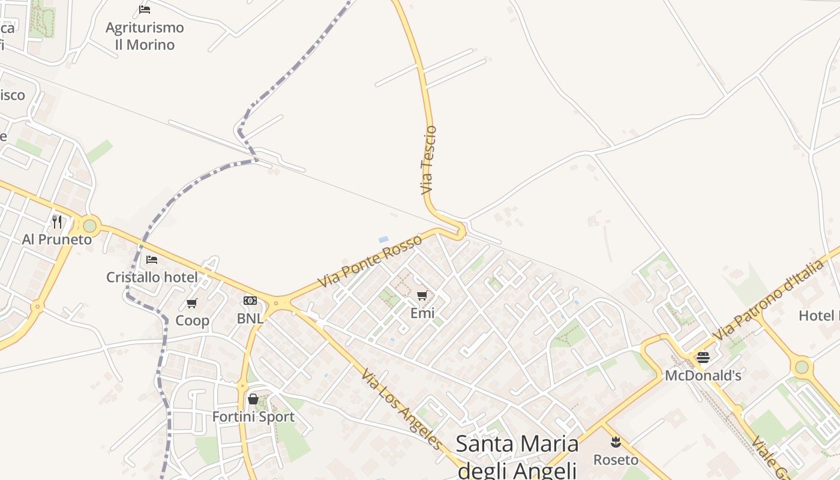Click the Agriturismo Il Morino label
145,36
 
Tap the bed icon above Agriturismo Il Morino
145,9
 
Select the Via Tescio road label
428,160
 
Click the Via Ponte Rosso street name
370,261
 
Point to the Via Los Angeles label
402,409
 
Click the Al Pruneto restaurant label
57,239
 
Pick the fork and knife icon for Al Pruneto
57,222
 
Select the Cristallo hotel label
152,277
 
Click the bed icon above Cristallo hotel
152,260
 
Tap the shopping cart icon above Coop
192,304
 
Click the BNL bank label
250,319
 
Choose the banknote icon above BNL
250,301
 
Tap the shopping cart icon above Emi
422,295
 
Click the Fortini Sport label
253,416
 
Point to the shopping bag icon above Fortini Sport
253,399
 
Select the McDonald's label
703,376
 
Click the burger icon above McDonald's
703,358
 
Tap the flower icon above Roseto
616,443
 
